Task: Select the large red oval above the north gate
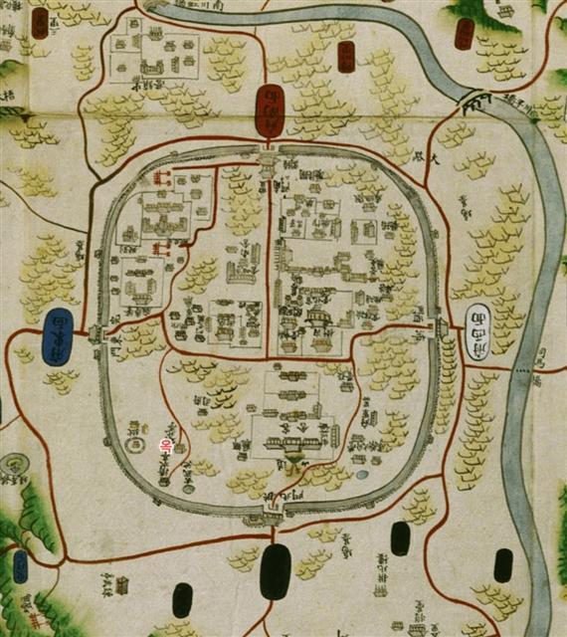point(269,109)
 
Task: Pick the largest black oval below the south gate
point(275,571)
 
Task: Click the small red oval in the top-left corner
point(40,23)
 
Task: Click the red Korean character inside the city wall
point(167,447)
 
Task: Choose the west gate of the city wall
point(94,334)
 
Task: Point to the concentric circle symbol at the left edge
point(14,465)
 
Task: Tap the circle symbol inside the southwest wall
point(135,429)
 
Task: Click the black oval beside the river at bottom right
point(503,565)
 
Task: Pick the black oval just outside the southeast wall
point(400,537)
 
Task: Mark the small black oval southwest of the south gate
point(182,599)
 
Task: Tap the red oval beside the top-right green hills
point(465,35)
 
